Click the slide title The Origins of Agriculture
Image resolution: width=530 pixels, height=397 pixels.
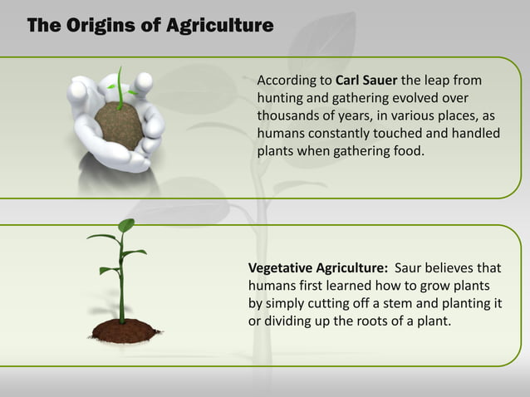tap(150, 26)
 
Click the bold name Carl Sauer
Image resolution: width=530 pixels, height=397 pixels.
tap(366, 81)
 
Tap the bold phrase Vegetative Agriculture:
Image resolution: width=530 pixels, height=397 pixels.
tap(317, 267)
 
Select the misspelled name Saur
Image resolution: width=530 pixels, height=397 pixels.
tap(410, 267)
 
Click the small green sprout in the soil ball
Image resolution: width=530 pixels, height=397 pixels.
tap(124, 88)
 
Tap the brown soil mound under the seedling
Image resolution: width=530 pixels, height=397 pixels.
tap(125, 331)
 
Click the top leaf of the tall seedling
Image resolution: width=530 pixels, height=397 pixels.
tap(125, 224)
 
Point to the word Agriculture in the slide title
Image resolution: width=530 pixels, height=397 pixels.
tap(219, 26)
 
